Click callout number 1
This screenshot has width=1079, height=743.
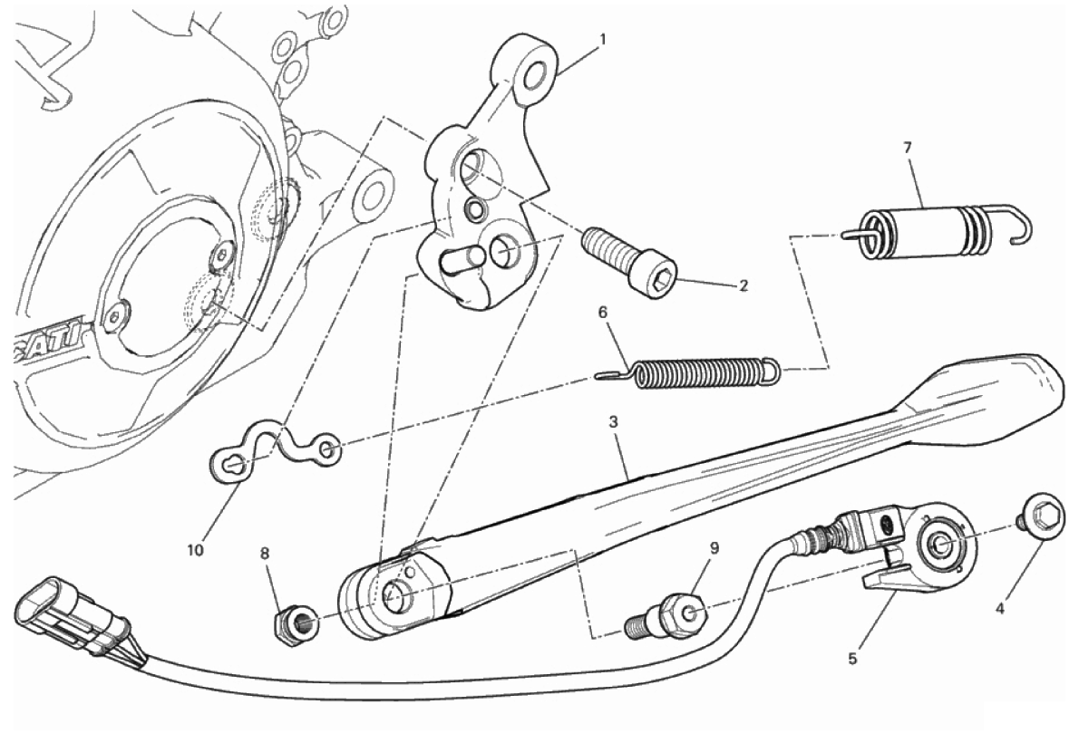(603, 39)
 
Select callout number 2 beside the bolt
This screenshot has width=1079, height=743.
(744, 285)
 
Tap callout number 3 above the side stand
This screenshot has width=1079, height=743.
(613, 421)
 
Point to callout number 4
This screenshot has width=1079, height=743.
(1000, 608)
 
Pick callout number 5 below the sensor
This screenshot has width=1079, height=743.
(852, 659)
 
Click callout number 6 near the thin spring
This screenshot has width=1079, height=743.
(603, 313)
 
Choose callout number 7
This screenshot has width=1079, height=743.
(908, 147)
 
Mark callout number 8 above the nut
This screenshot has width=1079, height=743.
(266, 553)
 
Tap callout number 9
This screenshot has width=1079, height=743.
(714, 548)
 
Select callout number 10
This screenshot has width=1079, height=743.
(196, 550)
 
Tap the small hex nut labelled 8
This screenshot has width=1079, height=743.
(296, 622)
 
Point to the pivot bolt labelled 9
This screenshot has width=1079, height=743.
(666, 614)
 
